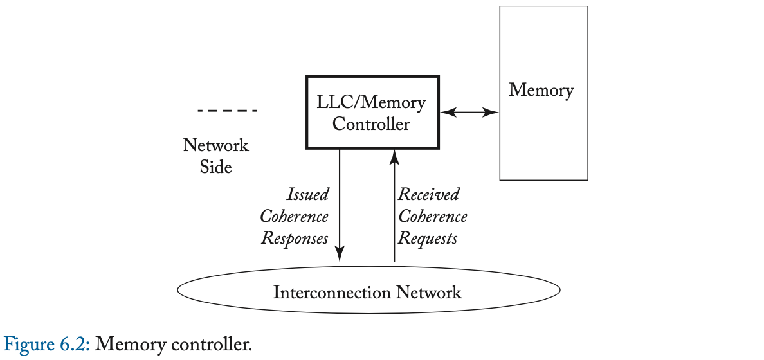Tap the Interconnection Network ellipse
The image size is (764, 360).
368,293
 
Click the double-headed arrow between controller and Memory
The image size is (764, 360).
469,113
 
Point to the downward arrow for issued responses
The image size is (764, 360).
340,206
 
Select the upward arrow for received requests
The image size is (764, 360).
394,206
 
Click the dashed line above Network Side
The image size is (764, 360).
227,111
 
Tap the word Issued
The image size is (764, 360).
307,194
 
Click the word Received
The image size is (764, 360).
429,194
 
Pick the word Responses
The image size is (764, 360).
295,239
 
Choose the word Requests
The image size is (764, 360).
428,239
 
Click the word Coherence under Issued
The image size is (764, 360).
295,217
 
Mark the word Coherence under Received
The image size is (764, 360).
433,217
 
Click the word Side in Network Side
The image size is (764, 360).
216,166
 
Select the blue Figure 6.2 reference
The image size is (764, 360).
48,344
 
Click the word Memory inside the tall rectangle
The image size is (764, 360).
541,90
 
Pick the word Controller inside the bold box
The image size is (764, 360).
371,123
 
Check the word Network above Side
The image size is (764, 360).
216,145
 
